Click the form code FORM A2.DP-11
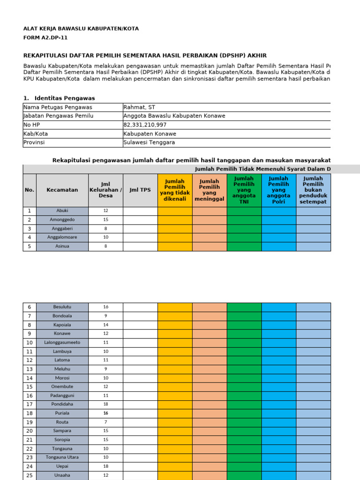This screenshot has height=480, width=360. pos(48,38)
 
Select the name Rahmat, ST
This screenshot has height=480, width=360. pos(139,107)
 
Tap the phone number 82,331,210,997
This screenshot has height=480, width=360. pos(145,125)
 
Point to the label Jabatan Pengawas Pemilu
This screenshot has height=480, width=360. pos(59,116)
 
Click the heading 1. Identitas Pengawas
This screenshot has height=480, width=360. pos(59,98)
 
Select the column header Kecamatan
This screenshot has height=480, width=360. pos(62,190)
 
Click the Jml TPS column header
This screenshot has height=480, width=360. pos(140,190)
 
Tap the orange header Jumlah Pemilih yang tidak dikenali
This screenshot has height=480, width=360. pos(175,190)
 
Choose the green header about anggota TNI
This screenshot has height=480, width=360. pos(244,190)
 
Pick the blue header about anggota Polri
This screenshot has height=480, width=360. pos(278,190)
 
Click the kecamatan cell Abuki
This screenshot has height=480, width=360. pos(62,211)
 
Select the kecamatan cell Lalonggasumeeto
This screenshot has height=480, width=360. pos(62,343)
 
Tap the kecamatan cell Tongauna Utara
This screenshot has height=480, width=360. pos(62,457)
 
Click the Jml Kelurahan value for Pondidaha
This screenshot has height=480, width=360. pos(105,404)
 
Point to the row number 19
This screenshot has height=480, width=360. pos(30,422)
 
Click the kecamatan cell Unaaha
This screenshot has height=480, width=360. pos(62,475)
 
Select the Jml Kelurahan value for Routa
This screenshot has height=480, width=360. pos(105,422)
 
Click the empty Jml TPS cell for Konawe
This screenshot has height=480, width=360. pos(140,334)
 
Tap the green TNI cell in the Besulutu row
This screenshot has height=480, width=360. pos(244,307)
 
